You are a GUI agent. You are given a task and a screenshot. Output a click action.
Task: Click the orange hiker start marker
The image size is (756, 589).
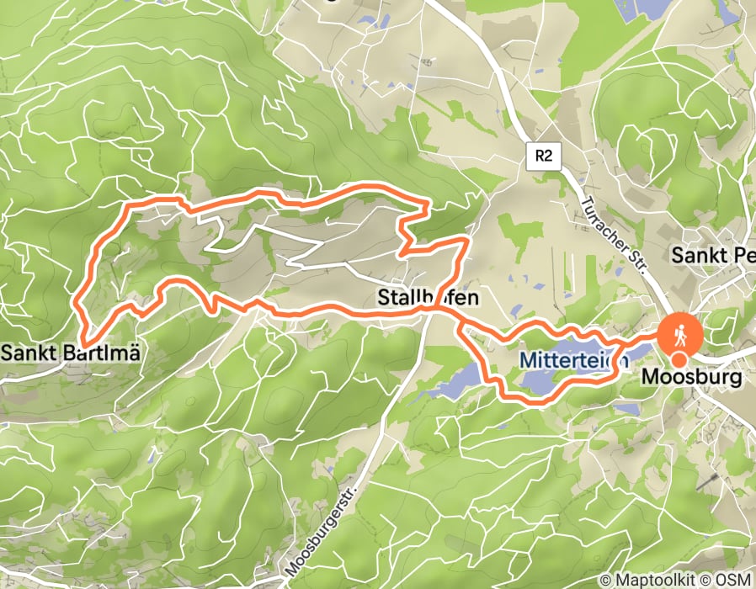[x=679, y=334]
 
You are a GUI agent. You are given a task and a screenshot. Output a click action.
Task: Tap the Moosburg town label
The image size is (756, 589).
[x=693, y=378]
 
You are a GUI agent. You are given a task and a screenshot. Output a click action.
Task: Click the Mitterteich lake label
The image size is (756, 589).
[x=573, y=359]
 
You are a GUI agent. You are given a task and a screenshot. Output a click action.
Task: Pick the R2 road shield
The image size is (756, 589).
[x=543, y=156]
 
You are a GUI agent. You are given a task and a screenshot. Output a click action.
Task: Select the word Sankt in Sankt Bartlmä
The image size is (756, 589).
[x=28, y=353]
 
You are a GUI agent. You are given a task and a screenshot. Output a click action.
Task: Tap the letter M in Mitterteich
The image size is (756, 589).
[x=525, y=359]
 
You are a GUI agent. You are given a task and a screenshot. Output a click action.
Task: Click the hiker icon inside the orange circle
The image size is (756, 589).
[x=679, y=334]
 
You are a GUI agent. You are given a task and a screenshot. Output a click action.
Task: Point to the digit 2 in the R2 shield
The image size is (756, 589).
[x=548, y=156]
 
